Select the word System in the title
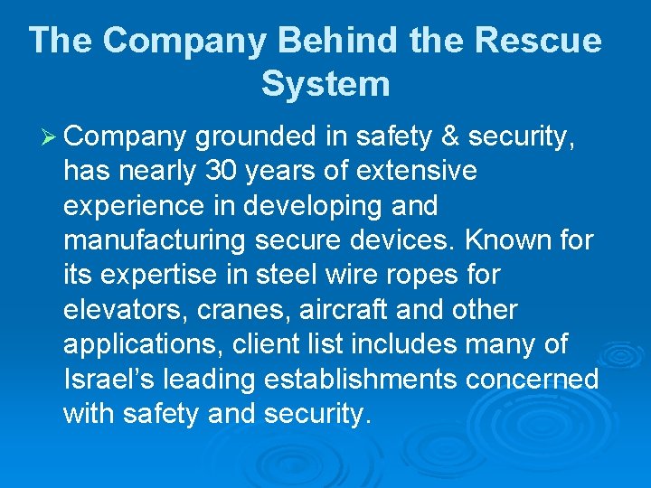(325, 84)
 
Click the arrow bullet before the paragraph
(46, 136)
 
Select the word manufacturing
(154, 240)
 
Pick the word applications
(145, 344)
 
